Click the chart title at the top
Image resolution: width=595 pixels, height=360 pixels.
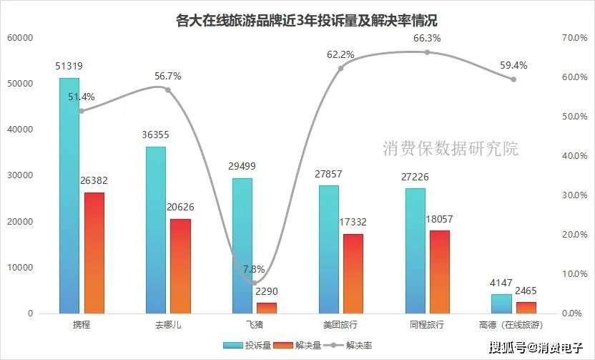click(x=297, y=20)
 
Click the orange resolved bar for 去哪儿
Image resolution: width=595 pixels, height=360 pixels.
click(x=181, y=266)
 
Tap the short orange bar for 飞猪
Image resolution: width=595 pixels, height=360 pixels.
click(x=267, y=308)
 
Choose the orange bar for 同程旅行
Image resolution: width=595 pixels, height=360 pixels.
click(x=440, y=271)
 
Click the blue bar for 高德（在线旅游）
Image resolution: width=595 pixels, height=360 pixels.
click(x=501, y=303)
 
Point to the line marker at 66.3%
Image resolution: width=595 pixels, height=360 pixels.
click(x=427, y=52)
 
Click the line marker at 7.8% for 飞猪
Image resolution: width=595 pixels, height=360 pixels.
click(x=255, y=283)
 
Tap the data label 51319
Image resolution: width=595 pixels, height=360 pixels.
click(x=69, y=66)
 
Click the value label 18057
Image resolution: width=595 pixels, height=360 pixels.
click(x=439, y=219)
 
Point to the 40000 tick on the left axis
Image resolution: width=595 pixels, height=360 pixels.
click(x=21, y=130)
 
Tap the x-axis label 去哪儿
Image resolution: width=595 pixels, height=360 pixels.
click(x=169, y=325)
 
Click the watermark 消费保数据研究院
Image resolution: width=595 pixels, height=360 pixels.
click(x=451, y=149)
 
